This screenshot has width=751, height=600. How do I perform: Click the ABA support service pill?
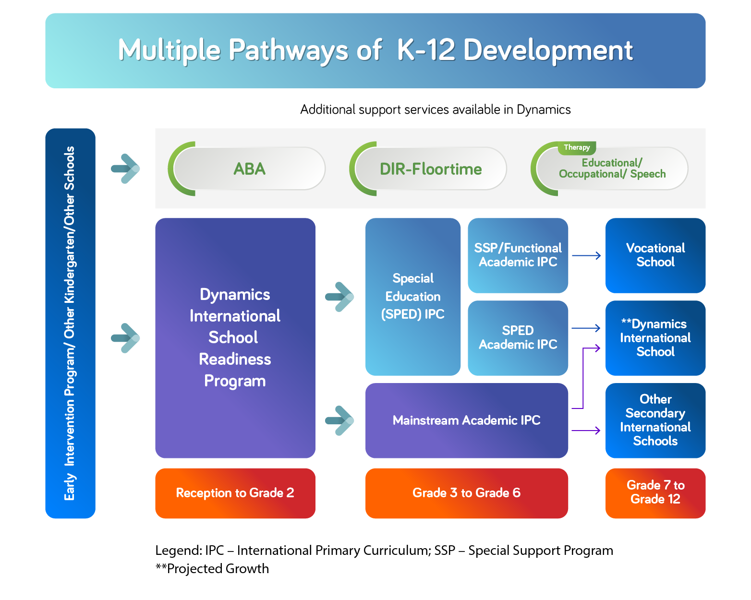pyautogui.click(x=249, y=169)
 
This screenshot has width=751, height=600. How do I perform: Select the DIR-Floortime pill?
pyautogui.click(x=430, y=169)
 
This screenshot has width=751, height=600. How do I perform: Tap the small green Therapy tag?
pyautogui.click(x=577, y=147)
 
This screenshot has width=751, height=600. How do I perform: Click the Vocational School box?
pyautogui.click(x=655, y=255)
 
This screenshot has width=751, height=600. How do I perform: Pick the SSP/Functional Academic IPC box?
pyautogui.click(x=518, y=255)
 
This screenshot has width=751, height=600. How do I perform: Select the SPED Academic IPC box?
pyautogui.click(x=518, y=338)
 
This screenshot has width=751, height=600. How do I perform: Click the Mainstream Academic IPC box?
pyautogui.click(x=466, y=420)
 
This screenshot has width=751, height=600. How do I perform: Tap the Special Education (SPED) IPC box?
pyautogui.click(x=412, y=297)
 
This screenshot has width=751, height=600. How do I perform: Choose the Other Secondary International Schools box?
pyautogui.click(x=655, y=420)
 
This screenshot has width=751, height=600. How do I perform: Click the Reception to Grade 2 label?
pyautogui.click(x=235, y=493)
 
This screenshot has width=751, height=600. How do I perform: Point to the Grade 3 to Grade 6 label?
pyautogui.click(x=466, y=493)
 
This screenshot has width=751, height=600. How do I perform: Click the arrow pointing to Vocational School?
pyautogui.click(x=586, y=256)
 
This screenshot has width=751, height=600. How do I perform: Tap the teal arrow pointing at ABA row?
pyautogui.click(x=125, y=168)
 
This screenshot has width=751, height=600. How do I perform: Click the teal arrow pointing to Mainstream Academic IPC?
pyautogui.click(x=339, y=420)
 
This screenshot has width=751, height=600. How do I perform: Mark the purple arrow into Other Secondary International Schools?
pyautogui.click(x=586, y=431)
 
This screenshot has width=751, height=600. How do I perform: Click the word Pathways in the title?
pyautogui.click(x=288, y=50)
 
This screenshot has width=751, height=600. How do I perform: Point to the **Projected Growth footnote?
pyautogui.click(x=212, y=569)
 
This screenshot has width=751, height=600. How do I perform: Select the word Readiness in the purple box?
pyautogui.click(x=235, y=359)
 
